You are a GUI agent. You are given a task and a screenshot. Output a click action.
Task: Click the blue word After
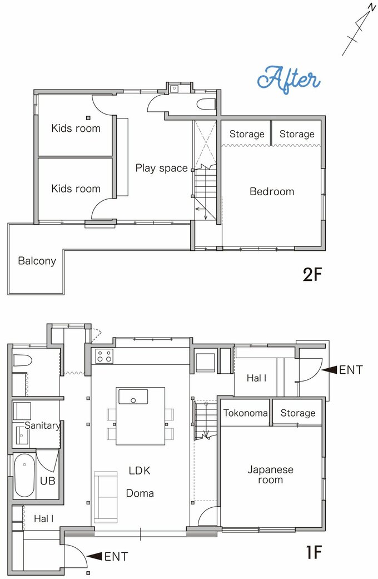tap(289, 80)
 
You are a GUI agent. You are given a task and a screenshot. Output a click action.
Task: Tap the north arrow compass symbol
tap(359, 29)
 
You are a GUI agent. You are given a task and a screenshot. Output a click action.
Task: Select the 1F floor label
tap(314, 552)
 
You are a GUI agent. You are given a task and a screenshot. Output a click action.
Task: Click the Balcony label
tap(37, 261)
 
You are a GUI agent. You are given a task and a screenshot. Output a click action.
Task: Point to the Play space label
tap(161, 169)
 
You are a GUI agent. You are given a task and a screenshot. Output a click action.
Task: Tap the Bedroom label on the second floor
tap(272, 191)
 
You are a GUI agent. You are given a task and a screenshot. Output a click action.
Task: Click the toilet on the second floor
tap(206, 104)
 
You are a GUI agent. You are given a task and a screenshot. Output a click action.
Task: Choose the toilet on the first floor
tap(23, 360)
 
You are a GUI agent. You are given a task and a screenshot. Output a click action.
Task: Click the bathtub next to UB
tap(24, 475)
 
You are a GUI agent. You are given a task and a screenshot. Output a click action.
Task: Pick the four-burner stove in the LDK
tap(105, 356)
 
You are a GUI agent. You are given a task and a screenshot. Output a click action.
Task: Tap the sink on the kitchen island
tap(133, 397)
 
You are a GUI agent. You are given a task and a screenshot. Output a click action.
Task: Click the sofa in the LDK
tap(106, 497)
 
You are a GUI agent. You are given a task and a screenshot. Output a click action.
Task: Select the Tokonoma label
tap(246, 413)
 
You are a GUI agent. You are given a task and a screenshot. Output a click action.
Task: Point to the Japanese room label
tap(271, 474)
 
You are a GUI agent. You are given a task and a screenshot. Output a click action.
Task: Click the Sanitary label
tap(42, 425)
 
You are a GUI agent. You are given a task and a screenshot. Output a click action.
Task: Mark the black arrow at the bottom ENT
tap(94, 556)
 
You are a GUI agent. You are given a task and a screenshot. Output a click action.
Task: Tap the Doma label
tap(140, 493)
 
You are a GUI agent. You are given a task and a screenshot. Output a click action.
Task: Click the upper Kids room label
tap(76, 128)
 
